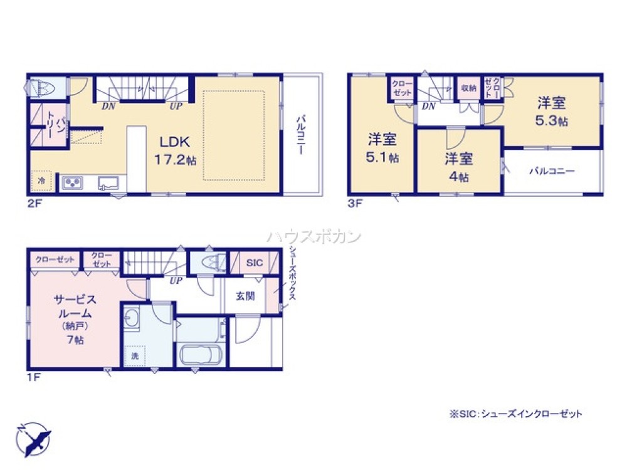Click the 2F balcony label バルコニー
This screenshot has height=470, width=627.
coord(301,134)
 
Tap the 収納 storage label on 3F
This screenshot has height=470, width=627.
coord(469,88)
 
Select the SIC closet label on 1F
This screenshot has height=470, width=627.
coord(254,263)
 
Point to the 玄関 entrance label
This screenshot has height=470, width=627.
coord(245,296)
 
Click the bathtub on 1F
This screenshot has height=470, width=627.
coord(199,355)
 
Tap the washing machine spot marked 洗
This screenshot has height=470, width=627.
coord(135,356)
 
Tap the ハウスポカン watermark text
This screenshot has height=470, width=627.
coord(314,237)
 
